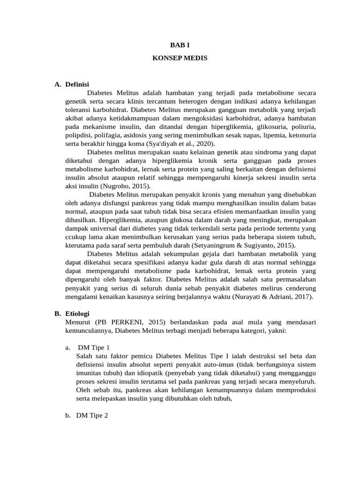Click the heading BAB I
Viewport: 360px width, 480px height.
[x=180, y=45]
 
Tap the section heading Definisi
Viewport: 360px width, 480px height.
[x=77, y=84]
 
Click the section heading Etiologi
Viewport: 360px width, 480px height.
[x=77, y=314]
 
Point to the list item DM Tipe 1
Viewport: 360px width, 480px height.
[x=94, y=347]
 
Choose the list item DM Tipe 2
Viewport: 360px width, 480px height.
[x=92, y=415]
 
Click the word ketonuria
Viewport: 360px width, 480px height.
[x=300, y=135]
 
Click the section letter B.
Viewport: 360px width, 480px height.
[x=57, y=314]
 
